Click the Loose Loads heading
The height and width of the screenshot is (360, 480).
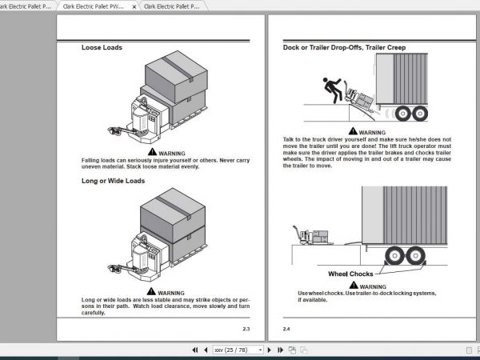click(x=102, y=48)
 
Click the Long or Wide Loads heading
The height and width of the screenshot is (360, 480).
click(x=113, y=181)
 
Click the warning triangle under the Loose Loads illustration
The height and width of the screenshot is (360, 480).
click(x=153, y=153)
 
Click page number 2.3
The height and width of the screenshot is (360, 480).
click(x=246, y=329)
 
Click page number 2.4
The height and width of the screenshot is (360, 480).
click(x=286, y=329)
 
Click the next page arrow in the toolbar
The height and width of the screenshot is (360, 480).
click(x=270, y=350)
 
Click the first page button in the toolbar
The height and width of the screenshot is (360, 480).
click(x=194, y=350)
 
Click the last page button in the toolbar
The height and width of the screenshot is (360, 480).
click(x=280, y=350)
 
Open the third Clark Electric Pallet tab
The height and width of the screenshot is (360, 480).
click(x=172, y=6)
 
